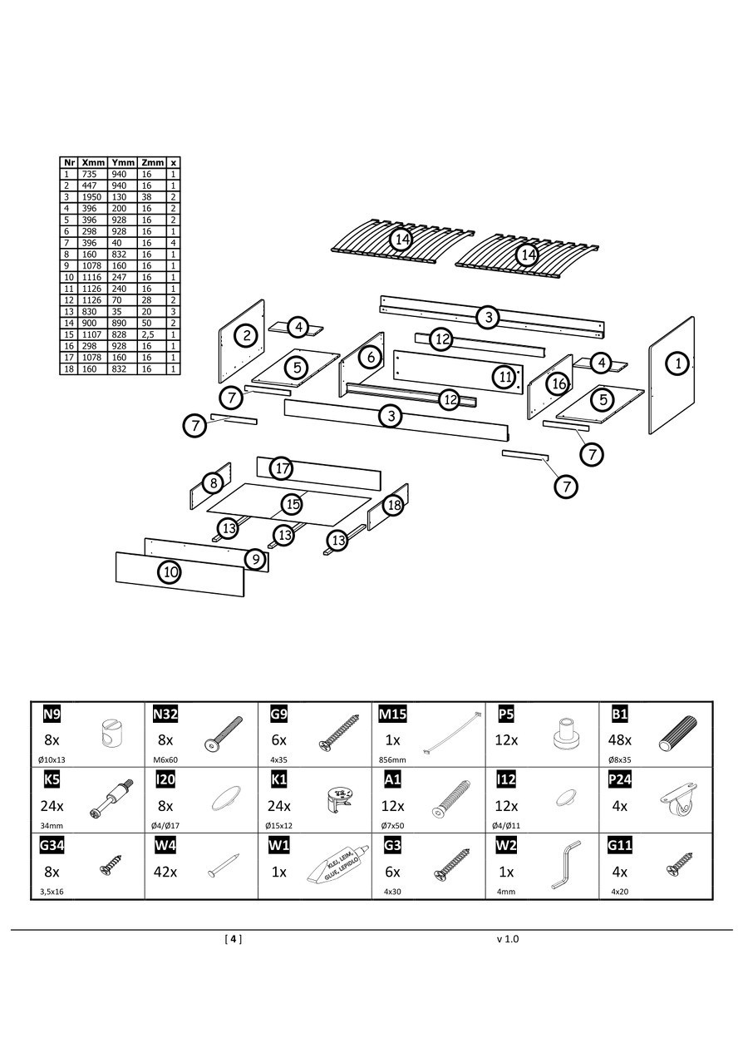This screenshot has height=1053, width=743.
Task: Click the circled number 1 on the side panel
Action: (678, 363)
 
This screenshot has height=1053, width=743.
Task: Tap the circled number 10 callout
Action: (170, 571)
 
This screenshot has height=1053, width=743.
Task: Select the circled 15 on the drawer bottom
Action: (292, 503)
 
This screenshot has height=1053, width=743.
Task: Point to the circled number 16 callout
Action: (558, 383)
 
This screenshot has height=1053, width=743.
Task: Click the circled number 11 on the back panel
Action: (505, 376)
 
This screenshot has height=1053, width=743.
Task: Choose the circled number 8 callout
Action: (214, 482)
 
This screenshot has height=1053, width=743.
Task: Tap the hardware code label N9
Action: (52, 714)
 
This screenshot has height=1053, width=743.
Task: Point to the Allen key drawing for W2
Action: (565, 866)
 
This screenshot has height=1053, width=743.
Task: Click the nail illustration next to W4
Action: (224, 866)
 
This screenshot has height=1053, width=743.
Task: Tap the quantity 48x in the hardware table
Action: (621, 739)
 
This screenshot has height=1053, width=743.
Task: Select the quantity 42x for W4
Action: (165, 873)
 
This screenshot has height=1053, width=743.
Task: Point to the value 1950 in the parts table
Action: (91, 197)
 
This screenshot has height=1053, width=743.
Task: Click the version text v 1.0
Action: (508, 939)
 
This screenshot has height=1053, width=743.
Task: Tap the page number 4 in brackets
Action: (234, 939)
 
